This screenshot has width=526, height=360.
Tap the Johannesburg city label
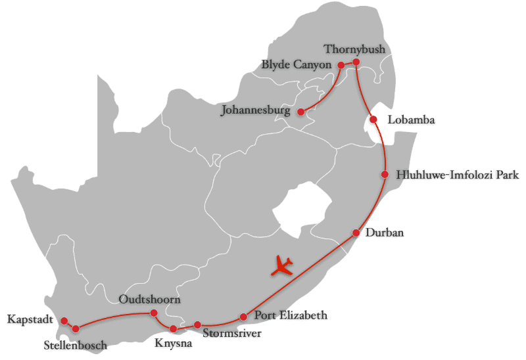[x=255, y=110]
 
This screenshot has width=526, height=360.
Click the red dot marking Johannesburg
[x=300, y=112]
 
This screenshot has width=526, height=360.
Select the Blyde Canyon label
[x=297, y=64]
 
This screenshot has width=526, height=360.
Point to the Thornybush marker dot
[x=356, y=62]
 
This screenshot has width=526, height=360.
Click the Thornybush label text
[x=354, y=49]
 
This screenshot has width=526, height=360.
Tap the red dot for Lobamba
[x=373, y=120]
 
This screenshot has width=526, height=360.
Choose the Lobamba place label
[x=411, y=120]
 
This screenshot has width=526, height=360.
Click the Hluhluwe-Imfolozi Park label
[x=458, y=175]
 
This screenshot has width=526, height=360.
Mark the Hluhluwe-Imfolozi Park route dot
[x=385, y=174]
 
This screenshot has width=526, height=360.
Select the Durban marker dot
[x=356, y=233]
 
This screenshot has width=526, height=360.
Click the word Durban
[x=385, y=233]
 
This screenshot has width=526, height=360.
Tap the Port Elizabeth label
[x=290, y=315]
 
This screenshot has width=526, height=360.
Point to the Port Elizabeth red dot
[x=243, y=317]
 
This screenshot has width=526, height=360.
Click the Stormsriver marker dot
[x=197, y=325]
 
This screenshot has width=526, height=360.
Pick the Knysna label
[x=174, y=343]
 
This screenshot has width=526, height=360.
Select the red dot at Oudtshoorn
[x=154, y=313]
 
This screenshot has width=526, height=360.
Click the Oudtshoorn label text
[x=150, y=300]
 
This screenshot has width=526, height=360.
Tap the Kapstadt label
[x=30, y=319]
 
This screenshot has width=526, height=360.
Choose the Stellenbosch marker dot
[x=76, y=328]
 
